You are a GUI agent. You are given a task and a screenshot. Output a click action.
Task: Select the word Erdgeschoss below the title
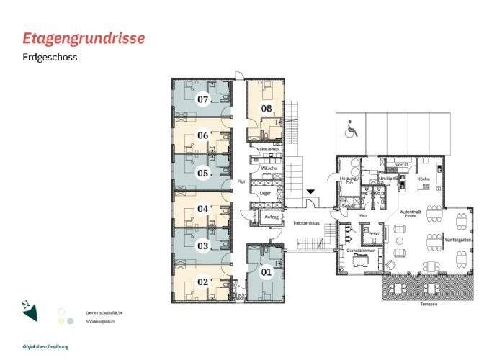click(x=50, y=57)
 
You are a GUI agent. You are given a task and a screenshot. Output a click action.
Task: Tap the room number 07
click(x=203, y=99)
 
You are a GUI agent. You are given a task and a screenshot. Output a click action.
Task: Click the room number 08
click(x=267, y=109)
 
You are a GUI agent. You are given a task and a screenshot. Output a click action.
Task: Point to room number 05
click(x=203, y=173)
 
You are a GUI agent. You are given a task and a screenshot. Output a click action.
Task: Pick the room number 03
click(x=203, y=246)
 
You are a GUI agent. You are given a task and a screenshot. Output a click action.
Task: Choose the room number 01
click(x=266, y=272)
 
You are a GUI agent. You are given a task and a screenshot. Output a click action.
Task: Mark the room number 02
click(x=203, y=283)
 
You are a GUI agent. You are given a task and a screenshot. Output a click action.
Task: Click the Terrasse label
click(x=429, y=305)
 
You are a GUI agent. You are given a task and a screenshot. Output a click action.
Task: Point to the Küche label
click(x=424, y=178)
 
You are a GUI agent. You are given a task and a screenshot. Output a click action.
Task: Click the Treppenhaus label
click(x=305, y=224)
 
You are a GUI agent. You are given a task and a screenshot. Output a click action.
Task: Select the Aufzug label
click(x=271, y=216)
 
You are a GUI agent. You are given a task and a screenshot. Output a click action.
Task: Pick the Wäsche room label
click(x=259, y=168)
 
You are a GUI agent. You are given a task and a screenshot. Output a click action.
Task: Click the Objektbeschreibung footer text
click(x=45, y=346)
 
